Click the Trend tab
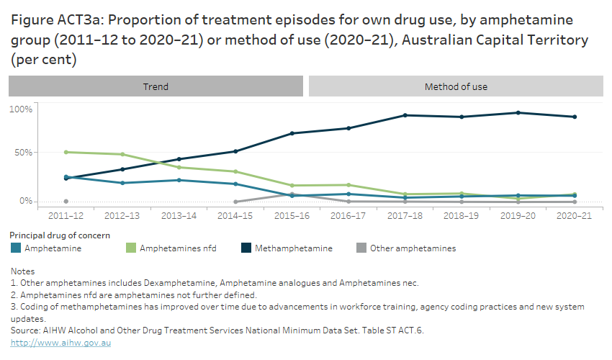[x=156, y=86]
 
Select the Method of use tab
[x=456, y=86]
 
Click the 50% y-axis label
[x=22, y=153]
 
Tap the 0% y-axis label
[x=25, y=201]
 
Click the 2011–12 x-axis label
[x=66, y=215]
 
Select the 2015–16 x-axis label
[x=292, y=215]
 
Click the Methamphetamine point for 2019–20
[x=518, y=112]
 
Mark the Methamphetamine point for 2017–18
[x=405, y=115]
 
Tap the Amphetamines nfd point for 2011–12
[x=66, y=152]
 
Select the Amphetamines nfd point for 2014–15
[x=235, y=171]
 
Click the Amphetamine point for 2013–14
[x=179, y=180]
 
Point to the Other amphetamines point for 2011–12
[x=66, y=202]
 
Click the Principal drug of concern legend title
[x=60, y=235]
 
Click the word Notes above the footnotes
[x=23, y=271]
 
